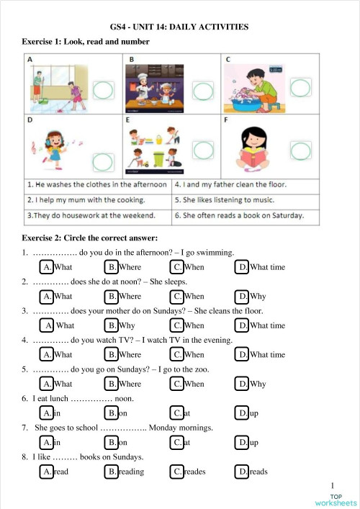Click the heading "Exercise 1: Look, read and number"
(86, 42)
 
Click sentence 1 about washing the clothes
(96, 184)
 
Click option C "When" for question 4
(187, 354)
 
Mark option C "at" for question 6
(181, 413)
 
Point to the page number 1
(333, 486)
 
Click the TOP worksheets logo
(336, 500)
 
